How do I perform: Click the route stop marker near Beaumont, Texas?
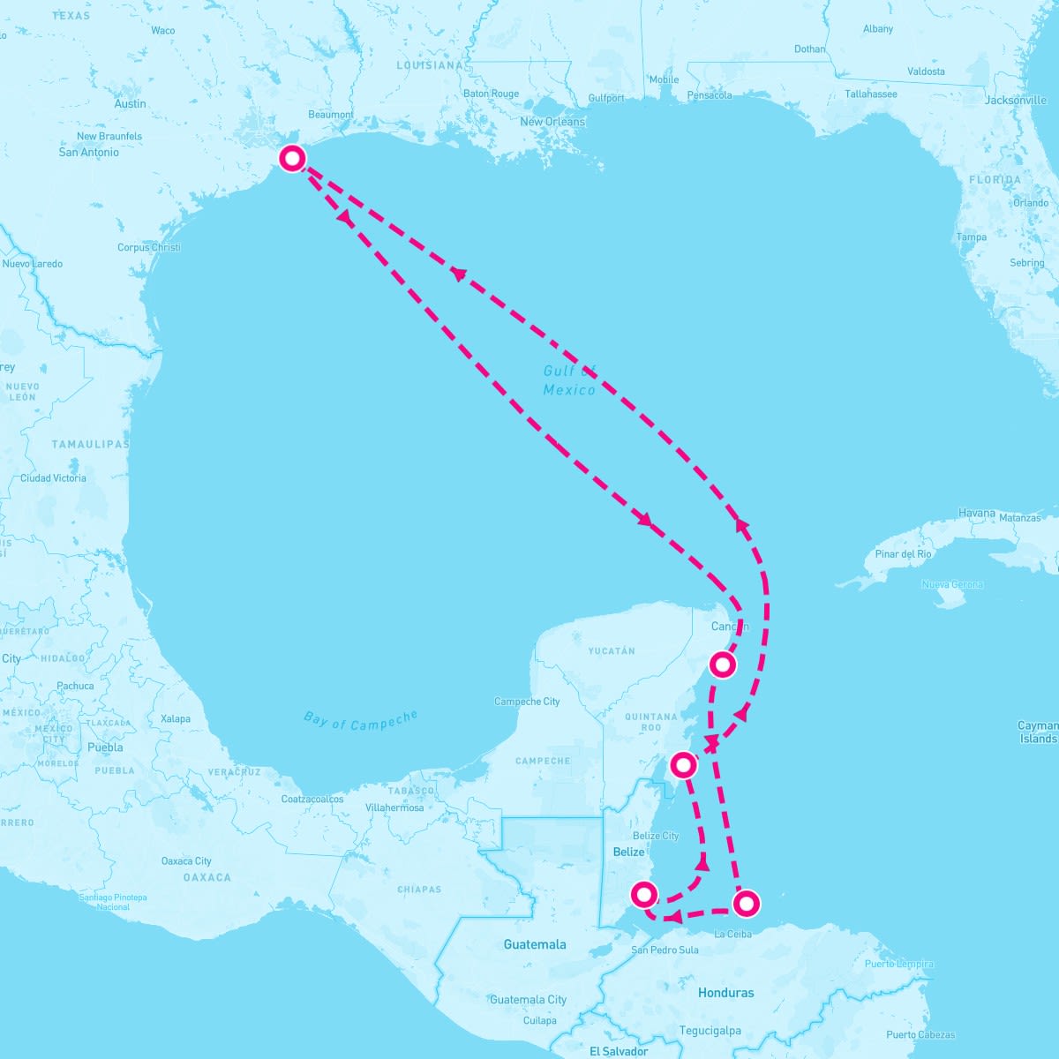[292, 158]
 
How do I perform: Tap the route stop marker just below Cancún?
[723, 664]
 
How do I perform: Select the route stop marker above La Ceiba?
[746, 903]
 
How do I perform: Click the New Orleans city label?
[552, 122]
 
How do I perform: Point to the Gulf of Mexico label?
[569, 380]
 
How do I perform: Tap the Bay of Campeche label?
[360, 720]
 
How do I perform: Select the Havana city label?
[976, 513]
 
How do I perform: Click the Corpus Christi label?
[149, 247]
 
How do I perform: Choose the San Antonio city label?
[88, 152]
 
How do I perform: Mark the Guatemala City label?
[528, 1000]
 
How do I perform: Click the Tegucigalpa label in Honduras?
[710, 1031]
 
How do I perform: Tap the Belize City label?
[656, 836]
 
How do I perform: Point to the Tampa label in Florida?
[972, 237]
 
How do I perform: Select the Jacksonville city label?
[1016, 100]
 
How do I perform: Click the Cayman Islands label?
[1038, 732]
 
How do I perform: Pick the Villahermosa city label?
[394, 807]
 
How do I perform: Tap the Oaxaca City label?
[186, 860]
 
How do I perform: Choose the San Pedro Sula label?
[665, 950]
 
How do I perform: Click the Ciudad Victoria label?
[53, 478]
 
